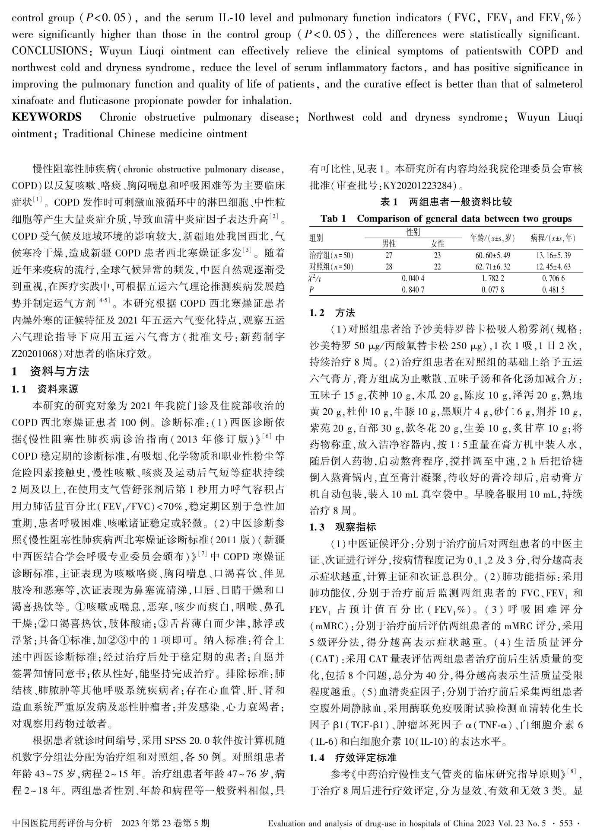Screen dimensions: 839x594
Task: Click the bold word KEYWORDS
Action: [x=47, y=117]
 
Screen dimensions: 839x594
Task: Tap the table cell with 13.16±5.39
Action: [x=553, y=256]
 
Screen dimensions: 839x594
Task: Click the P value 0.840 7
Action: [x=413, y=290]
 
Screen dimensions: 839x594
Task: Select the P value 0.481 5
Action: [x=553, y=290]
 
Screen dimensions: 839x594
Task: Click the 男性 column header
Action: [x=389, y=244]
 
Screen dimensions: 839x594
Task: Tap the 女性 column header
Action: [x=438, y=244]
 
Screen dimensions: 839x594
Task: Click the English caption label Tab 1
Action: [x=333, y=219]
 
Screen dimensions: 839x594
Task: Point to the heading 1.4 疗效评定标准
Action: [x=353, y=758]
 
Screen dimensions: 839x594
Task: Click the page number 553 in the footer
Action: [x=566, y=823]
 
